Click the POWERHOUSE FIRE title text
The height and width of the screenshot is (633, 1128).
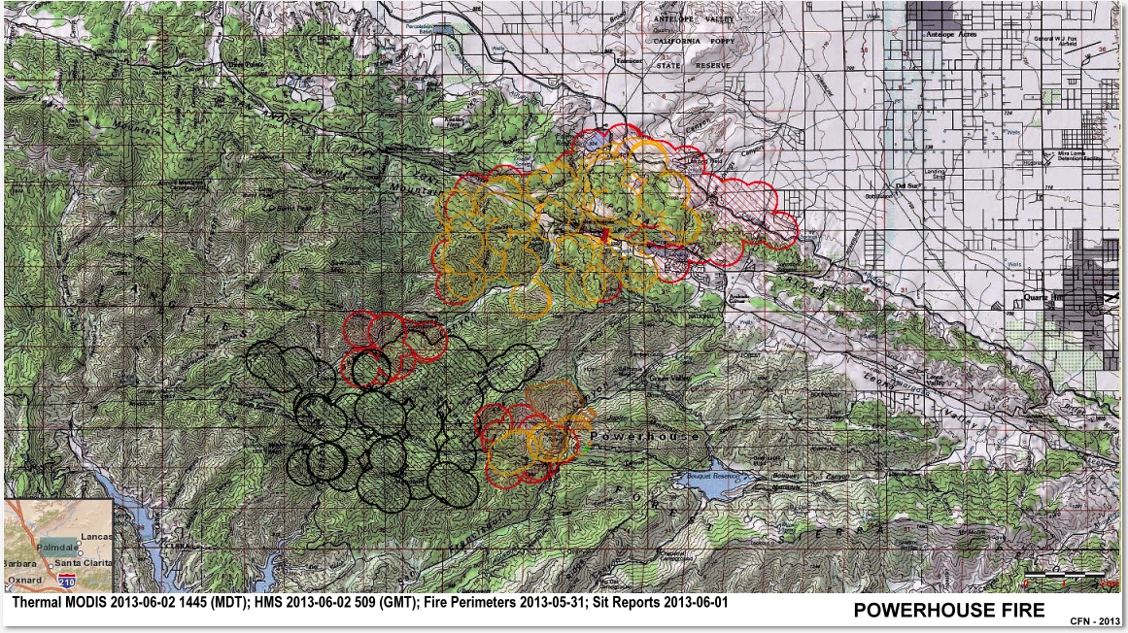(x=948, y=610)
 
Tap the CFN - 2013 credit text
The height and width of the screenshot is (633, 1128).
(x=1095, y=621)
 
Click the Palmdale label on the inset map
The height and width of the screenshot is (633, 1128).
(x=58, y=548)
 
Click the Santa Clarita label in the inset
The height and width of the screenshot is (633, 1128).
(x=81, y=563)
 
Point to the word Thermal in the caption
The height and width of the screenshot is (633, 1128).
(x=35, y=603)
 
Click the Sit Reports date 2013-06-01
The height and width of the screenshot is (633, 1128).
(x=692, y=603)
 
